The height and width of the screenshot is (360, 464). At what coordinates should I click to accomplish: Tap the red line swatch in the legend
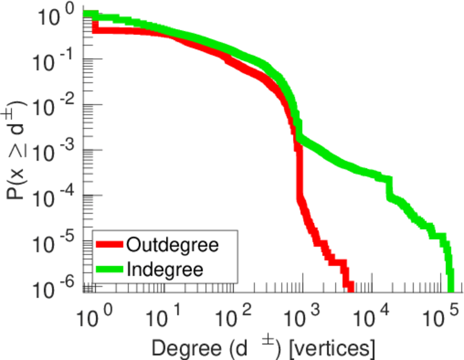pyautogui.click(x=110, y=245)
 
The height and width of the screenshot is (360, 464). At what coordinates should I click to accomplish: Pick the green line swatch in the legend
pyautogui.click(x=110, y=268)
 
